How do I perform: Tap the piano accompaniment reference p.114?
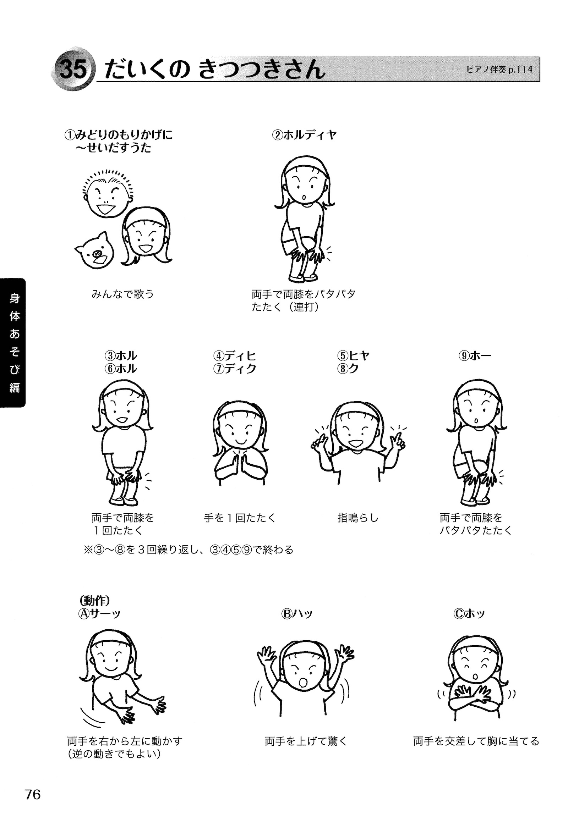499,70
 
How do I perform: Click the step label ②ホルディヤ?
304,135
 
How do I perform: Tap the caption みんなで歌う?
123,294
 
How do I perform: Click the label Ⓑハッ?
297,614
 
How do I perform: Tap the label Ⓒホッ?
469,614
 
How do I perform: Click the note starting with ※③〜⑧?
188,550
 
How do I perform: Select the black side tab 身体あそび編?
13,343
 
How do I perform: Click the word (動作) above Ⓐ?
93,601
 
